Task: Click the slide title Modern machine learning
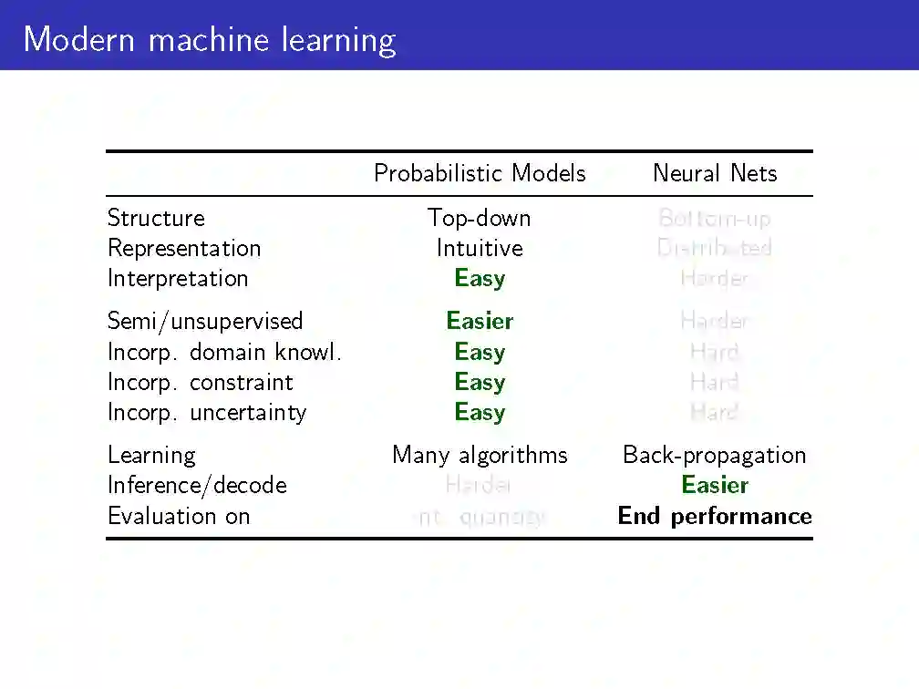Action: tap(210, 40)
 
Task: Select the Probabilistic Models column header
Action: tap(480, 173)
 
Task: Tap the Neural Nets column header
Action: tap(715, 173)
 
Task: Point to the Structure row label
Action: tap(156, 218)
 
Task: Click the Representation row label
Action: tap(184, 248)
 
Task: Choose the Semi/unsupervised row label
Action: tap(205, 321)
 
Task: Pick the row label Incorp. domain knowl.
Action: tap(224, 352)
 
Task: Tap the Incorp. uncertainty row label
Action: tap(207, 412)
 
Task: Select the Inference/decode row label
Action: tap(197, 485)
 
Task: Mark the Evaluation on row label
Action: tap(179, 516)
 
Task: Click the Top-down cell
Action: tap(480, 218)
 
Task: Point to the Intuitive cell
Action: tap(480, 248)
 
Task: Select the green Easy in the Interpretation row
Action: tap(480, 278)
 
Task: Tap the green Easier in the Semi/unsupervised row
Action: tap(480, 321)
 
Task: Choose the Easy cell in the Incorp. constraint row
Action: tap(480, 382)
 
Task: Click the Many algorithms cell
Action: tap(480, 455)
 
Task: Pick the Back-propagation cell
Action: tap(715, 455)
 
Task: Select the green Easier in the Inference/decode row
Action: tap(715, 485)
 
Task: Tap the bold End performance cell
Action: tap(715, 516)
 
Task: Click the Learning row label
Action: tap(151, 455)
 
